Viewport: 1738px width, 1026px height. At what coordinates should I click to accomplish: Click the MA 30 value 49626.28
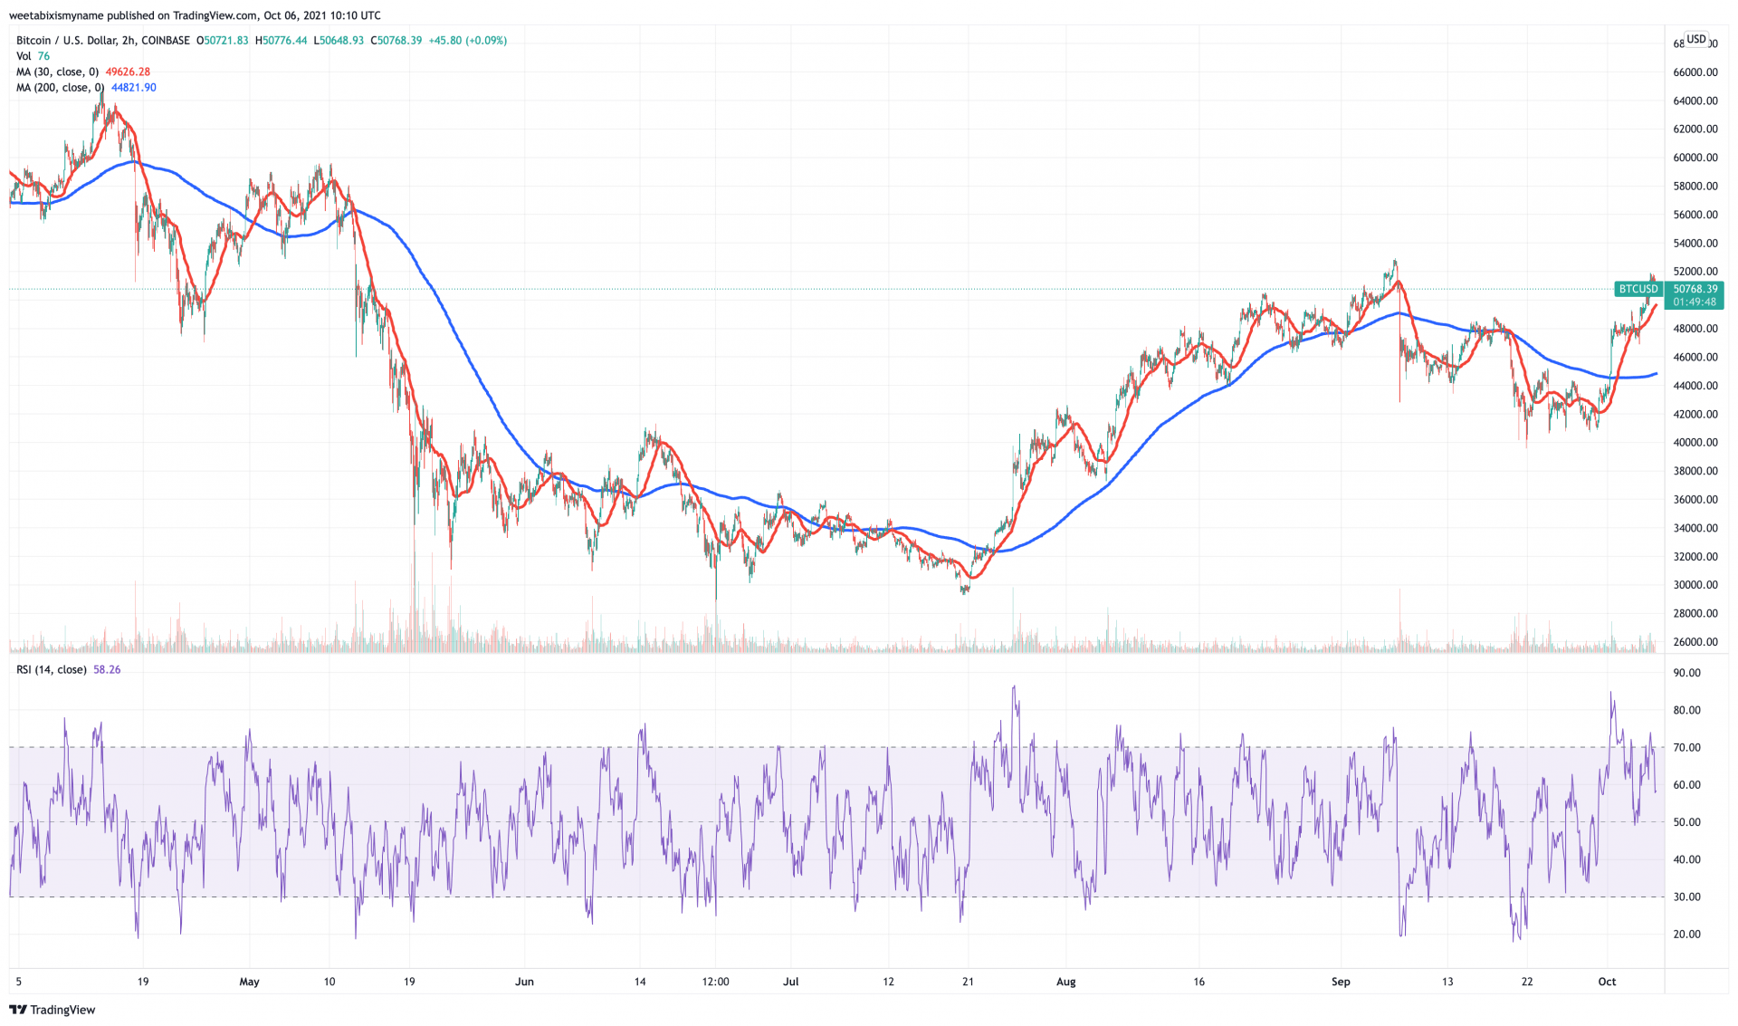128,72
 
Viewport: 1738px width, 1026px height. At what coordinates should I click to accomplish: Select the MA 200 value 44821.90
133,88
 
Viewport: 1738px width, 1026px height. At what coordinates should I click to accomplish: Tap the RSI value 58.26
107,670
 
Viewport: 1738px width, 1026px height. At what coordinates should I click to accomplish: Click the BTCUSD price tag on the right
1638,289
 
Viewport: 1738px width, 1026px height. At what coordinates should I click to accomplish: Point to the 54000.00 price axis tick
1695,243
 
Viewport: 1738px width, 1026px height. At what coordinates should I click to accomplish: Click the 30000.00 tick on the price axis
1695,585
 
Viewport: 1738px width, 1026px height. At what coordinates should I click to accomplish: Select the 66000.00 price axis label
1695,72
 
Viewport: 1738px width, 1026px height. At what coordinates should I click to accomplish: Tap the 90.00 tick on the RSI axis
1686,673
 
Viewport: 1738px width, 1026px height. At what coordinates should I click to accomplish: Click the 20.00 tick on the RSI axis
1686,934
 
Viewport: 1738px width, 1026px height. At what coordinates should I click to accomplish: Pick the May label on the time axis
249,982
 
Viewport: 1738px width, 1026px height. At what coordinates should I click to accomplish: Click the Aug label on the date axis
1066,982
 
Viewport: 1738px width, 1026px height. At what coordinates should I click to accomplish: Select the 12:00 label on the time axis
715,982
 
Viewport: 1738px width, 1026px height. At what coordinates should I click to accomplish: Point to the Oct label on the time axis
1607,982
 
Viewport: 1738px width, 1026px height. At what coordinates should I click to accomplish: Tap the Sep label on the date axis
1341,982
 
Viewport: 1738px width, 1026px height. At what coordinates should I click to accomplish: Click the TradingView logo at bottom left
53,1010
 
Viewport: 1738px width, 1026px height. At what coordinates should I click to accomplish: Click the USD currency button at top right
1696,39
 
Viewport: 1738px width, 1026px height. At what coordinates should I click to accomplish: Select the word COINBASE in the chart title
166,41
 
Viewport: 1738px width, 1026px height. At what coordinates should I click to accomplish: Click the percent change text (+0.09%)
486,41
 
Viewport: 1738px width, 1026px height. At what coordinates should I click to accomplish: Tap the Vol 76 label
33,56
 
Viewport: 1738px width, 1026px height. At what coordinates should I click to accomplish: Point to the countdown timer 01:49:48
1695,302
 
